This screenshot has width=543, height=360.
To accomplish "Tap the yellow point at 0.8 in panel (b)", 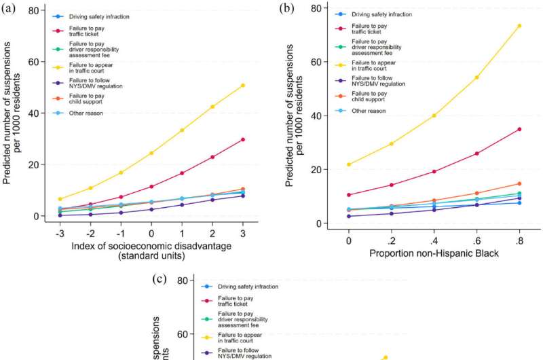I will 519,26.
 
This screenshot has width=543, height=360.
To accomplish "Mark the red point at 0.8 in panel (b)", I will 519,129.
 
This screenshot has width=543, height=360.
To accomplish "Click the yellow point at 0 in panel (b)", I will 349,164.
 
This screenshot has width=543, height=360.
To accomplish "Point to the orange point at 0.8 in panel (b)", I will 519,183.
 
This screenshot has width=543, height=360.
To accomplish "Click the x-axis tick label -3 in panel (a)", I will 60,232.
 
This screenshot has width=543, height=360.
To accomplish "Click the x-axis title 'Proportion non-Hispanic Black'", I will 434,254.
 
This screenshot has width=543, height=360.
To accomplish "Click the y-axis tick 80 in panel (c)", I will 182,282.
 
